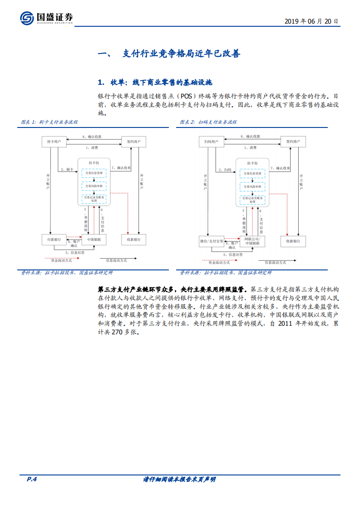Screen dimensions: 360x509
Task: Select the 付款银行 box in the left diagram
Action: (x=54, y=239)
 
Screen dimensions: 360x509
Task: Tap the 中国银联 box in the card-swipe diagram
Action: (x=94, y=239)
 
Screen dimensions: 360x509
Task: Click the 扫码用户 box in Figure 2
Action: (x=211, y=142)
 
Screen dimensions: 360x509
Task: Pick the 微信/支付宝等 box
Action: (x=212, y=241)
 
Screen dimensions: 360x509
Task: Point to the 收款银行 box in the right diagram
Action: (x=293, y=241)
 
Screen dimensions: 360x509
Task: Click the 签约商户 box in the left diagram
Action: (x=134, y=142)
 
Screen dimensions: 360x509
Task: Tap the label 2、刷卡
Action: (x=67, y=170)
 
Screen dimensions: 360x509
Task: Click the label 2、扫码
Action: (x=225, y=170)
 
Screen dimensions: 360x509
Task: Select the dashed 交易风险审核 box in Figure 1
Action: (x=94, y=186)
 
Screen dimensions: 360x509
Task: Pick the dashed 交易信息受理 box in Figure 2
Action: (x=252, y=173)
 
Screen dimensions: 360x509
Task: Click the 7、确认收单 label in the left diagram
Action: (x=121, y=168)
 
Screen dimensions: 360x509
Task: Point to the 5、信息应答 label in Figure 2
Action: (x=233, y=254)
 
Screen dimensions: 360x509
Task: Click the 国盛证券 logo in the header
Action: (x=46, y=18)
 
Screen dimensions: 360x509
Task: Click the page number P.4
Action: (x=31, y=479)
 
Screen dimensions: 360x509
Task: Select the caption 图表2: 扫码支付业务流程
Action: (x=208, y=122)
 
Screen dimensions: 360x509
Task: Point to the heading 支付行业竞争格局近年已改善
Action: (x=181, y=54)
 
